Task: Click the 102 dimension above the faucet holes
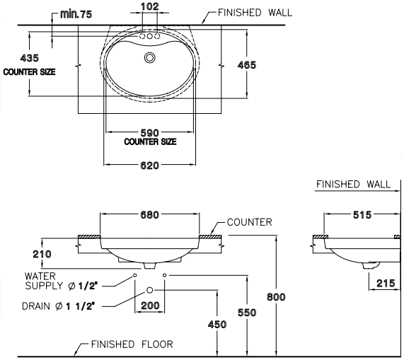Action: [x=150, y=6]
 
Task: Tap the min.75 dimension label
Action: [x=76, y=14]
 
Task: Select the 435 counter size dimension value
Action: [x=30, y=58]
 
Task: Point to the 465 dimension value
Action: [x=247, y=65]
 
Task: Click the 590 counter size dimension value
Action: [x=150, y=133]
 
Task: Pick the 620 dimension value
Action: [x=150, y=165]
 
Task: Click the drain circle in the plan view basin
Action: [x=150, y=57]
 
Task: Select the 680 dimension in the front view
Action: [x=150, y=214]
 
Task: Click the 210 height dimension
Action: [x=42, y=254]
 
